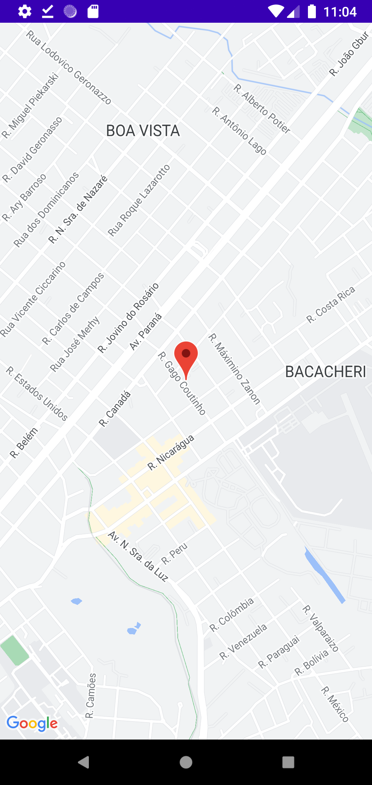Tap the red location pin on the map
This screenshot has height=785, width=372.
pos(186,356)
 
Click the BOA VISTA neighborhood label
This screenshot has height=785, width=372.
pos(143,131)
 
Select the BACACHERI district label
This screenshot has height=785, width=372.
pos(325,372)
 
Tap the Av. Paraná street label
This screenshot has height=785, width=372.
pos(145,332)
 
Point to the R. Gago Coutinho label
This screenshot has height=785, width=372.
pos(182,383)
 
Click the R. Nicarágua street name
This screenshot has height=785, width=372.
pos(171,452)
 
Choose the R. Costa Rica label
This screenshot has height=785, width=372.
pos(331,305)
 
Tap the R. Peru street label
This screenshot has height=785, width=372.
pos(174,553)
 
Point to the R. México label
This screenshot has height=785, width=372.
pos(335,704)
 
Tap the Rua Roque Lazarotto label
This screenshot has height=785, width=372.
pos(139,200)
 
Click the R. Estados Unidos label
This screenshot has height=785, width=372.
pos(37,394)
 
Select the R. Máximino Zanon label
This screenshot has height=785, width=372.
pos(234,369)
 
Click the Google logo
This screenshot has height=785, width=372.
pos(32,723)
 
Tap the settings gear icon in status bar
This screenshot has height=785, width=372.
pos(25,11)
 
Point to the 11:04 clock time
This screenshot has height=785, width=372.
pos(340,12)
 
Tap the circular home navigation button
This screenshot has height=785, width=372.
pos(186,762)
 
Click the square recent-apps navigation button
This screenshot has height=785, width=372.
pos(288,762)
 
